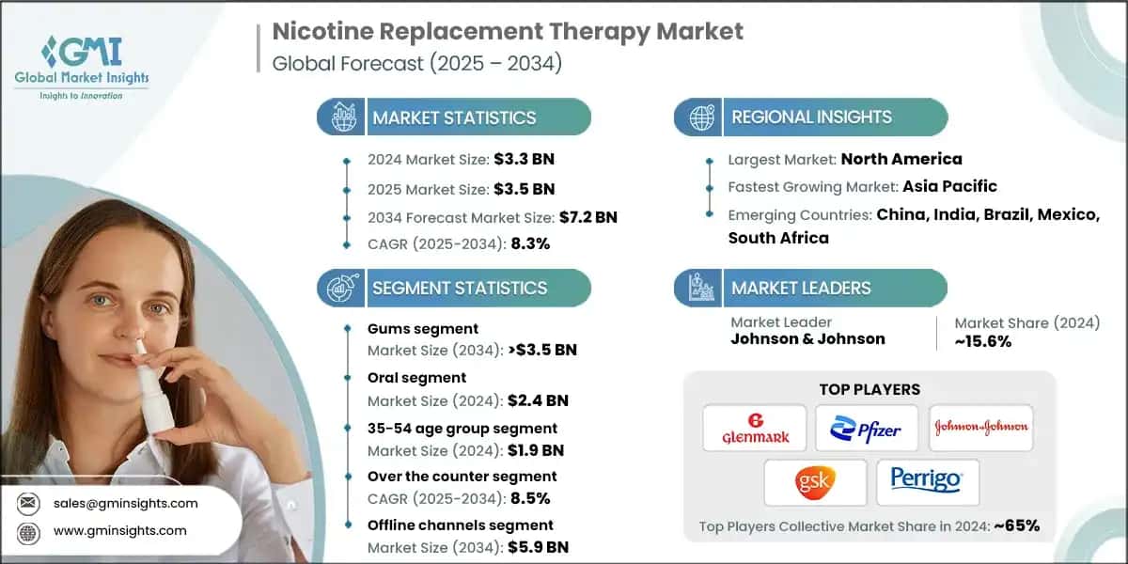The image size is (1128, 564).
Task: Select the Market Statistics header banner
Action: [455, 117]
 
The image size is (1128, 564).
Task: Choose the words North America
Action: [901, 159]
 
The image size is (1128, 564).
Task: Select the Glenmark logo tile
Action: [754, 428]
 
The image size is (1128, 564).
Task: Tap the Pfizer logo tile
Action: [867, 428]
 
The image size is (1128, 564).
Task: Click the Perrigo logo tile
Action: [927, 482]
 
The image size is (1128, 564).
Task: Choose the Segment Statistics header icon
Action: [341, 288]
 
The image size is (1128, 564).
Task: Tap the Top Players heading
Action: [869, 389]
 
